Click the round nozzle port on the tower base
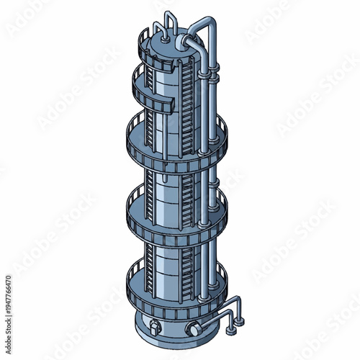tap(192, 329)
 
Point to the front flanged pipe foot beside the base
tap(229, 333)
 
